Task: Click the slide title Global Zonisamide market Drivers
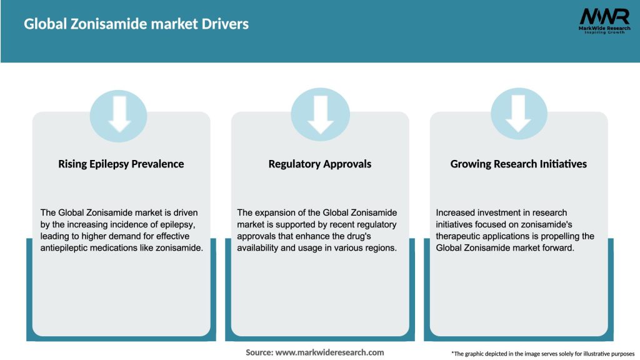[136, 24]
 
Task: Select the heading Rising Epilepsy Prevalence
[121, 164]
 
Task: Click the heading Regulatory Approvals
[320, 164]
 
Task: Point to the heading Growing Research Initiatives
[519, 164]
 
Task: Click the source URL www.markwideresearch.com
[329, 352]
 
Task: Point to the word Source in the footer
[259, 352]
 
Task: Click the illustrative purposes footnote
[542, 354]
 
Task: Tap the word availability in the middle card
[260, 248]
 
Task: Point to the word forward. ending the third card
[557, 248]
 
